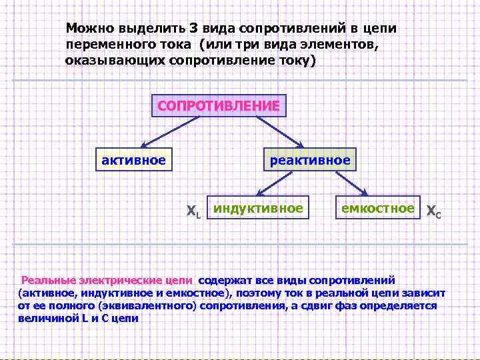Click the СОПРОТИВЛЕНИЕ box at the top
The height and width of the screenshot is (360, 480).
click(x=219, y=106)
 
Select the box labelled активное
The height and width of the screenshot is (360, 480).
click(x=133, y=160)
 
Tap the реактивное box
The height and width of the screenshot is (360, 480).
click(x=309, y=160)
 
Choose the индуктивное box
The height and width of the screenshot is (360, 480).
click(x=258, y=209)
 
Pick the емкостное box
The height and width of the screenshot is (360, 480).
click(x=378, y=209)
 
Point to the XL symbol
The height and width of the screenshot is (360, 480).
click(x=193, y=212)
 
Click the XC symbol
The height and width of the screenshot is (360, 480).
click(x=433, y=212)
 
